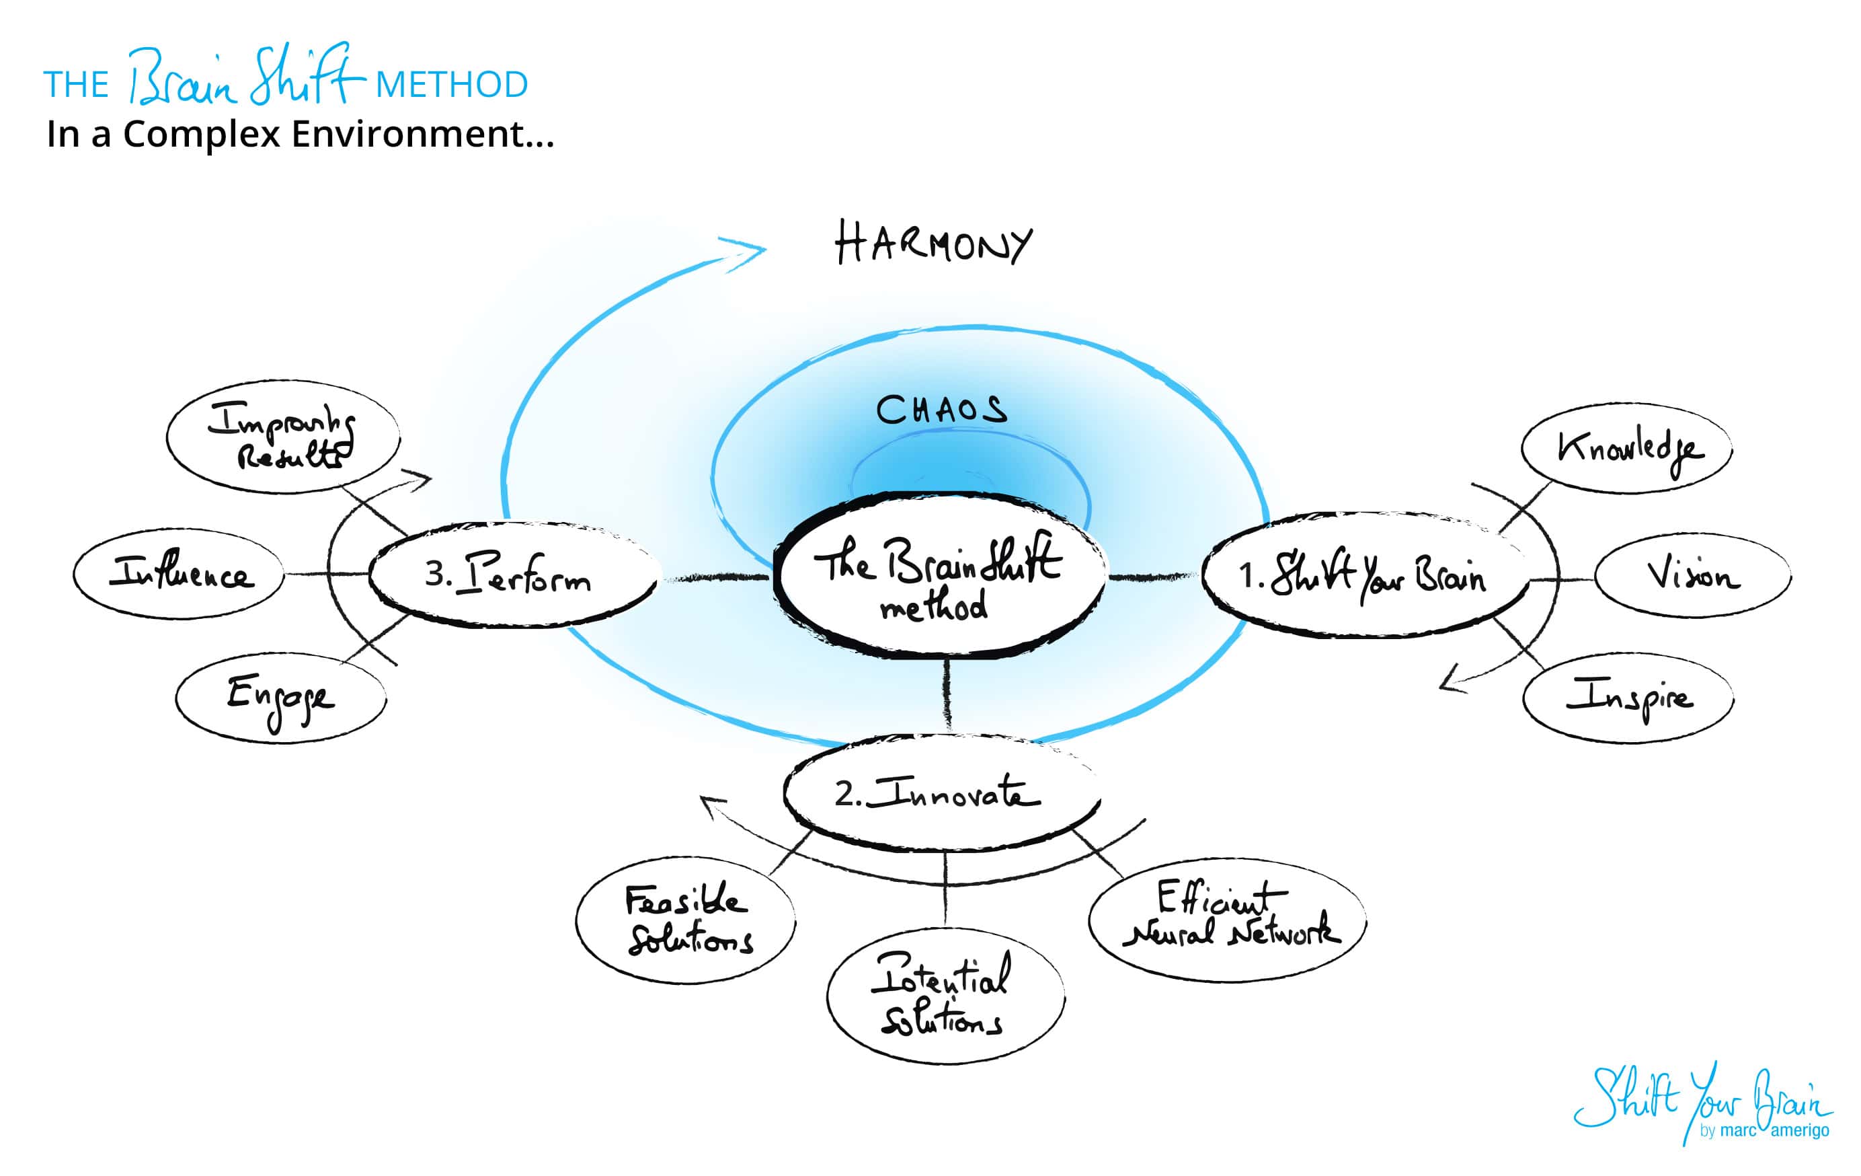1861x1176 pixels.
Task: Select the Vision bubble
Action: click(x=1692, y=575)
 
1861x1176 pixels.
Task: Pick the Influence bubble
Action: click(x=180, y=574)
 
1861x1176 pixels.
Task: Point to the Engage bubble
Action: click(x=280, y=698)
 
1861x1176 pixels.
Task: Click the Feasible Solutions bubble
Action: click(x=686, y=920)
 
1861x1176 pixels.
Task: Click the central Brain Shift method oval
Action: click(x=940, y=576)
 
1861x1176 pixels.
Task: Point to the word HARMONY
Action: click(x=933, y=244)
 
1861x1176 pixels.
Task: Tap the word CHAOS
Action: click(x=941, y=410)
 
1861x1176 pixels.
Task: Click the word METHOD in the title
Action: click(x=451, y=85)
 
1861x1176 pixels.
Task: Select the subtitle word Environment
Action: click(x=422, y=135)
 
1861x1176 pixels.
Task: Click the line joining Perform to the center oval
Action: click(x=715, y=577)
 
